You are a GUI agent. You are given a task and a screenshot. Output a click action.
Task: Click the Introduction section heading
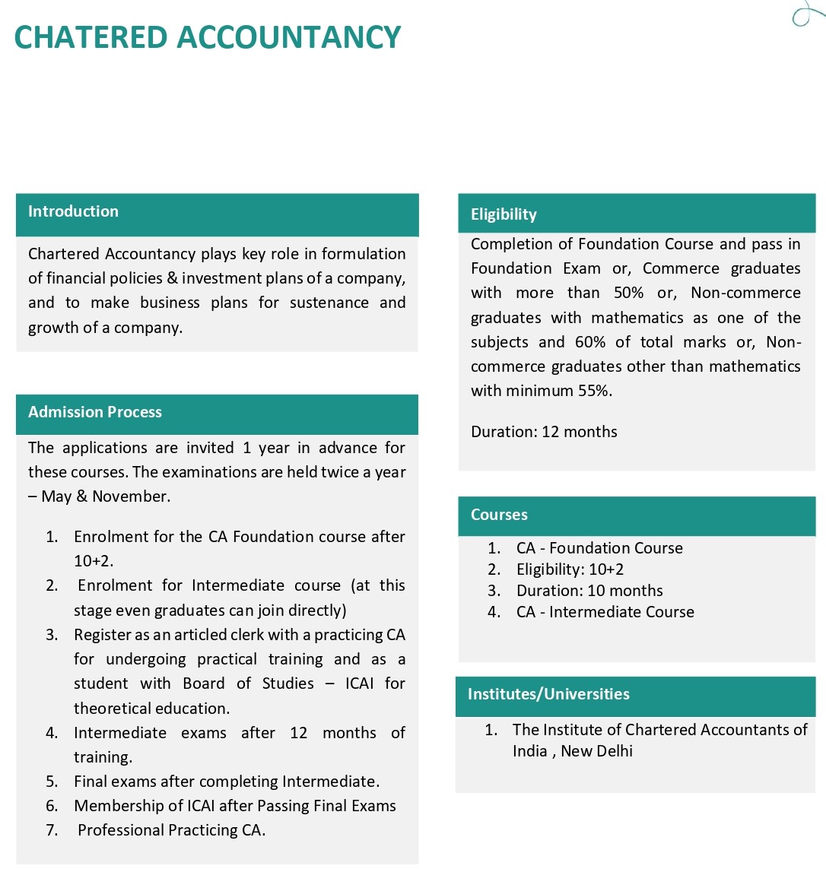click(x=73, y=211)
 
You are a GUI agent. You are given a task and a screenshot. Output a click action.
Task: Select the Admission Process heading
click(x=95, y=412)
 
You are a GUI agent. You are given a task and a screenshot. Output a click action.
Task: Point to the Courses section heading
click(x=499, y=515)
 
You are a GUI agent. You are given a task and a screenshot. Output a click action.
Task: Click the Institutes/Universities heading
click(x=548, y=694)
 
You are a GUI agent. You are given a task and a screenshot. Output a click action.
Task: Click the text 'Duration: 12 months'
click(x=544, y=432)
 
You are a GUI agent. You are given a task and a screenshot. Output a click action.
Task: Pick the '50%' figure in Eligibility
click(x=629, y=293)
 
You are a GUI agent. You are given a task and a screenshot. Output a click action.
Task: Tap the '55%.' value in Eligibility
click(x=595, y=391)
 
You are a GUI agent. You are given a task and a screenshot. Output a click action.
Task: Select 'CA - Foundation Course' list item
click(x=599, y=548)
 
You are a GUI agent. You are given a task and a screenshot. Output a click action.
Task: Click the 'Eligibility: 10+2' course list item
click(x=570, y=569)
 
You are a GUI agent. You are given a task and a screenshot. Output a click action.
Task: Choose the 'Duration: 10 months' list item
click(x=589, y=591)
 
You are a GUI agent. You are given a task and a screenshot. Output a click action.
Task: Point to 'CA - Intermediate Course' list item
click(x=605, y=612)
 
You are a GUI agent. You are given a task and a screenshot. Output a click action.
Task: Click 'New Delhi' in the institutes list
click(x=596, y=751)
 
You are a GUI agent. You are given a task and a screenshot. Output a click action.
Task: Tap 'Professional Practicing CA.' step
click(x=171, y=830)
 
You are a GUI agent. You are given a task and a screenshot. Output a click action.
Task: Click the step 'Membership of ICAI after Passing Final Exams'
click(x=235, y=806)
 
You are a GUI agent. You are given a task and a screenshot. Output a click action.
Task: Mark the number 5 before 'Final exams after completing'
click(x=51, y=782)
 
